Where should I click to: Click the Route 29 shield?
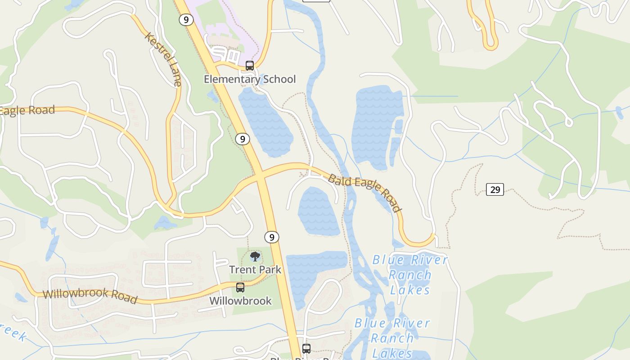pyautogui.click(x=495, y=189)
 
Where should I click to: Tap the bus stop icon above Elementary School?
pyautogui.click(x=249, y=66)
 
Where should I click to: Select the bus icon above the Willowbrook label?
pyautogui.click(x=240, y=287)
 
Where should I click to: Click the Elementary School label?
pyautogui.click(x=250, y=79)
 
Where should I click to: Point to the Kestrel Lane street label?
pyautogui.click(x=163, y=58)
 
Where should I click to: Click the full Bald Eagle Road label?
pyautogui.click(x=364, y=193)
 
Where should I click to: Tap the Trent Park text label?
pyautogui.click(x=255, y=270)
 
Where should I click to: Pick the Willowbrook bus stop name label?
pyautogui.click(x=240, y=301)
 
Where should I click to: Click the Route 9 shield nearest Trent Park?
pyautogui.click(x=271, y=237)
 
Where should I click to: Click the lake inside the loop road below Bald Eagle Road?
pyautogui.click(x=319, y=211)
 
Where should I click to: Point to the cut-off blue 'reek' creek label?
pyautogui.click(x=13, y=332)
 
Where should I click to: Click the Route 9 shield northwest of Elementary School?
pyautogui.click(x=186, y=20)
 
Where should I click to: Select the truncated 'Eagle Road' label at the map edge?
pyautogui.click(x=27, y=111)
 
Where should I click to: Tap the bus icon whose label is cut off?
pyautogui.click(x=306, y=348)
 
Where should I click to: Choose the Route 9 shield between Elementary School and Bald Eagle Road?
pyautogui.click(x=242, y=139)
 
